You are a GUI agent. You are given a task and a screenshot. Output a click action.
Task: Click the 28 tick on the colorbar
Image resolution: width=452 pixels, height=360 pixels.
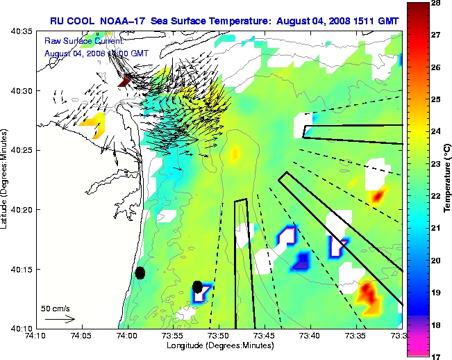click(x=435, y=4)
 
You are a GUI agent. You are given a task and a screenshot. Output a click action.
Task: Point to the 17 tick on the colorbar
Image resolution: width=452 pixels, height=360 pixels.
click(x=435, y=356)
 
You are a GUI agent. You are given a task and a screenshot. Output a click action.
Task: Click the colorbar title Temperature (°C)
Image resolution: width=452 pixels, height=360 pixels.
click(x=449, y=180)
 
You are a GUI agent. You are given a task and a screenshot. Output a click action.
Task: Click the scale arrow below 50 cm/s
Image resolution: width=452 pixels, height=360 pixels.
click(x=60, y=319)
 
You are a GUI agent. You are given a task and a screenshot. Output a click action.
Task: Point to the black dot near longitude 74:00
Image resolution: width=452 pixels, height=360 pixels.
click(x=140, y=272)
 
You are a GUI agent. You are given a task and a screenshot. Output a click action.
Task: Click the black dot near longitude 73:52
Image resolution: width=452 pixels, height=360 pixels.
click(x=198, y=286)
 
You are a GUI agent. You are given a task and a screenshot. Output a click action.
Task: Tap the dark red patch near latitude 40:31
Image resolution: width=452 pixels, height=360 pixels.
click(x=125, y=81)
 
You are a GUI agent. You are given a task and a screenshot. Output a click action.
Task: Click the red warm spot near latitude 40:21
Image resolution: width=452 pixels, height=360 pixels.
click(x=378, y=196)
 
